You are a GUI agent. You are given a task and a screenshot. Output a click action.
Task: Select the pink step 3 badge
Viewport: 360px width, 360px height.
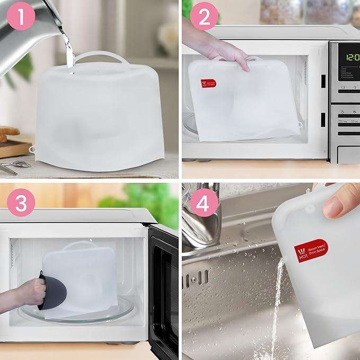tap(21, 203)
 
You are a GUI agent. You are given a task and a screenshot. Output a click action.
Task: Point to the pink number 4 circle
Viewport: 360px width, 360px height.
tap(204, 203)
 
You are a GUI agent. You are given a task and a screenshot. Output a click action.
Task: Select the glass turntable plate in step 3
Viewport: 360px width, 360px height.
tap(80, 313)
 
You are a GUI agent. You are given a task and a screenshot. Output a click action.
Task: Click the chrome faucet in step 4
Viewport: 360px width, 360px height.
tap(201, 212)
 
